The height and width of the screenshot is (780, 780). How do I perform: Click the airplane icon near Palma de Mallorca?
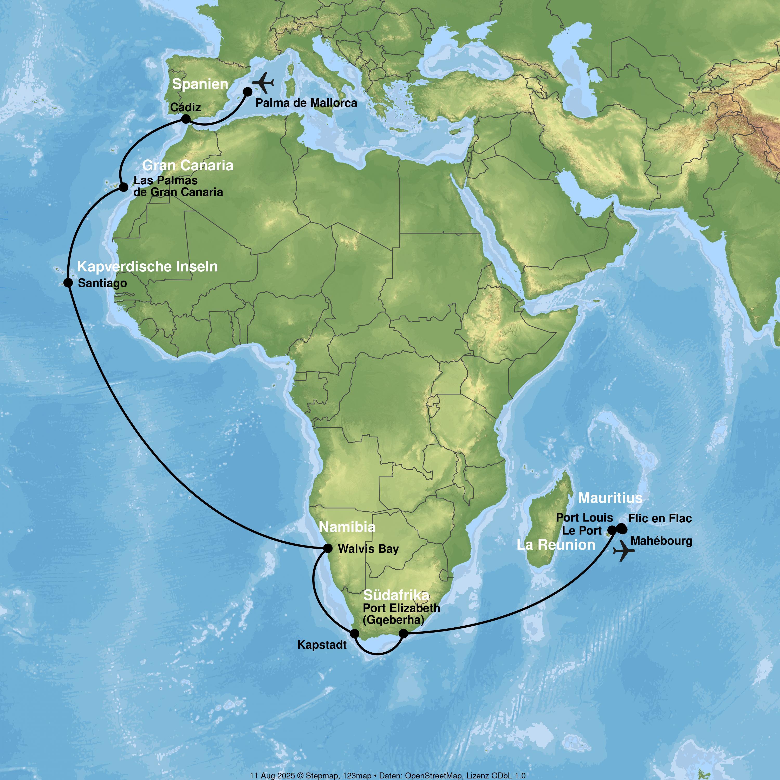coord(263,82)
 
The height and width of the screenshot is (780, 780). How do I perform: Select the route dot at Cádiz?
coord(186,119)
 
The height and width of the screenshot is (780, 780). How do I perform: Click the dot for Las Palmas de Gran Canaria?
coord(123,187)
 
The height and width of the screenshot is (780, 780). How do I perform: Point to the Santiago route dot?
coord(68,283)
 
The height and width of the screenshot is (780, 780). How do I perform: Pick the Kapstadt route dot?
coord(354,633)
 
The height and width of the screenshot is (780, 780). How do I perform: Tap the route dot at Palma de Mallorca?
coord(248,92)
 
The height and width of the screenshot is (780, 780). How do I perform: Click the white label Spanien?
coord(200,84)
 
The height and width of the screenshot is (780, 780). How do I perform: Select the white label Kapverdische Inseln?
coord(147,266)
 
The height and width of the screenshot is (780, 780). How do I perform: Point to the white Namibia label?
coord(347,527)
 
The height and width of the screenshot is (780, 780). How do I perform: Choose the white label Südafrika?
coord(396,595)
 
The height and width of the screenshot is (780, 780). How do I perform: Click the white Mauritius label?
coord(610,498)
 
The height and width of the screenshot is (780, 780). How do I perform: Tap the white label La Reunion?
coord(556,545)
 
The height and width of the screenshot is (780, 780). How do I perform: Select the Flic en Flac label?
coord(660,518)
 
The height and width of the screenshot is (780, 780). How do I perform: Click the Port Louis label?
coord(584,518)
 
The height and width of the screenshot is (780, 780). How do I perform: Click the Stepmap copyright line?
coord(388,775)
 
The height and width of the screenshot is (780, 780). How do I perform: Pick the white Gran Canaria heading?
coord(188,165)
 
